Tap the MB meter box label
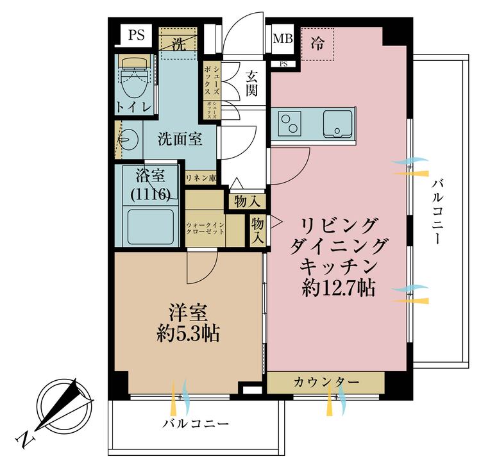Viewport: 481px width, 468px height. pyautogui.click(x=283, y=39)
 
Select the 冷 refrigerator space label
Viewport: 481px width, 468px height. pyautogui.click(x=317, y=44)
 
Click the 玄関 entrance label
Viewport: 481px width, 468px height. pyautogui.click(x=251, y=83)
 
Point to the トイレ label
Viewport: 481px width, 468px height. pyautogui.click(x=133, y=107)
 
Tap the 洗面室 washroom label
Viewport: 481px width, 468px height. pyautogui.click(x=181, y=138)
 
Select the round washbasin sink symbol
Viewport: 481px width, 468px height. pyautogui.click(x=129, y=139)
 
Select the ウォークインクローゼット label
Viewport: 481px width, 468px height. pyautogui.click(x=205, y=228)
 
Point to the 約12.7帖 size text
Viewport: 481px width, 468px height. pyautogui.click(x=339, y=288)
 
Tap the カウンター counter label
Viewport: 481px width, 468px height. pyautogui.click(x=326, y=383)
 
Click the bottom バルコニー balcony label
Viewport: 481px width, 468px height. pyautogui.click(x=196, y=424)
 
